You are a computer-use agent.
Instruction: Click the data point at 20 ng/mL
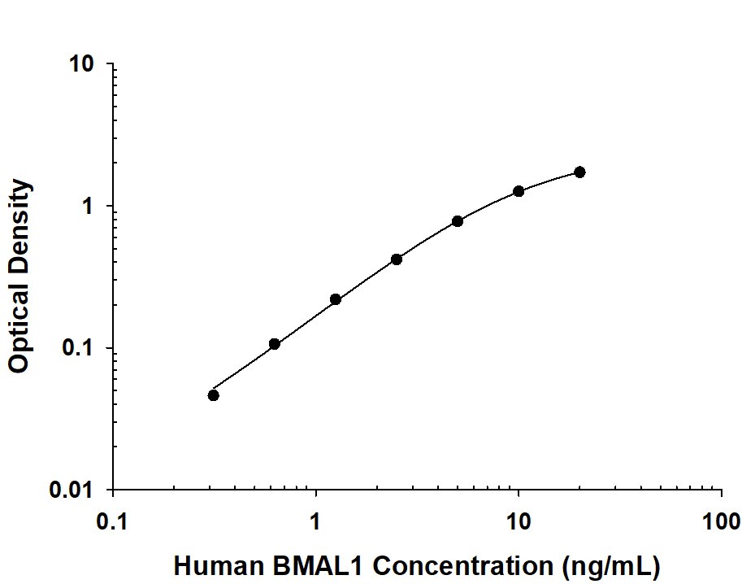point(579,172)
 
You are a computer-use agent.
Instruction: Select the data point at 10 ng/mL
point(519,191)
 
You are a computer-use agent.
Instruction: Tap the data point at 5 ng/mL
point(458,221)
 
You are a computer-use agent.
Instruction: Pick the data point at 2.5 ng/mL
point(397,259)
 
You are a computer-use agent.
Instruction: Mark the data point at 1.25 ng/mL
point(336,299)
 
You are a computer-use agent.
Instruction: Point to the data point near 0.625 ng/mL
point(275,344)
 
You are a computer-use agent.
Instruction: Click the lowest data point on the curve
point(213,395)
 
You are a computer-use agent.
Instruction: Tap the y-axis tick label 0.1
point(82,349)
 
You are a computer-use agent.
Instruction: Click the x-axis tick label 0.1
point(112,521)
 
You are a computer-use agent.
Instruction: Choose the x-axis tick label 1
point(315,521)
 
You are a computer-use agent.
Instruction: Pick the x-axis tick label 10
point(519,521)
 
